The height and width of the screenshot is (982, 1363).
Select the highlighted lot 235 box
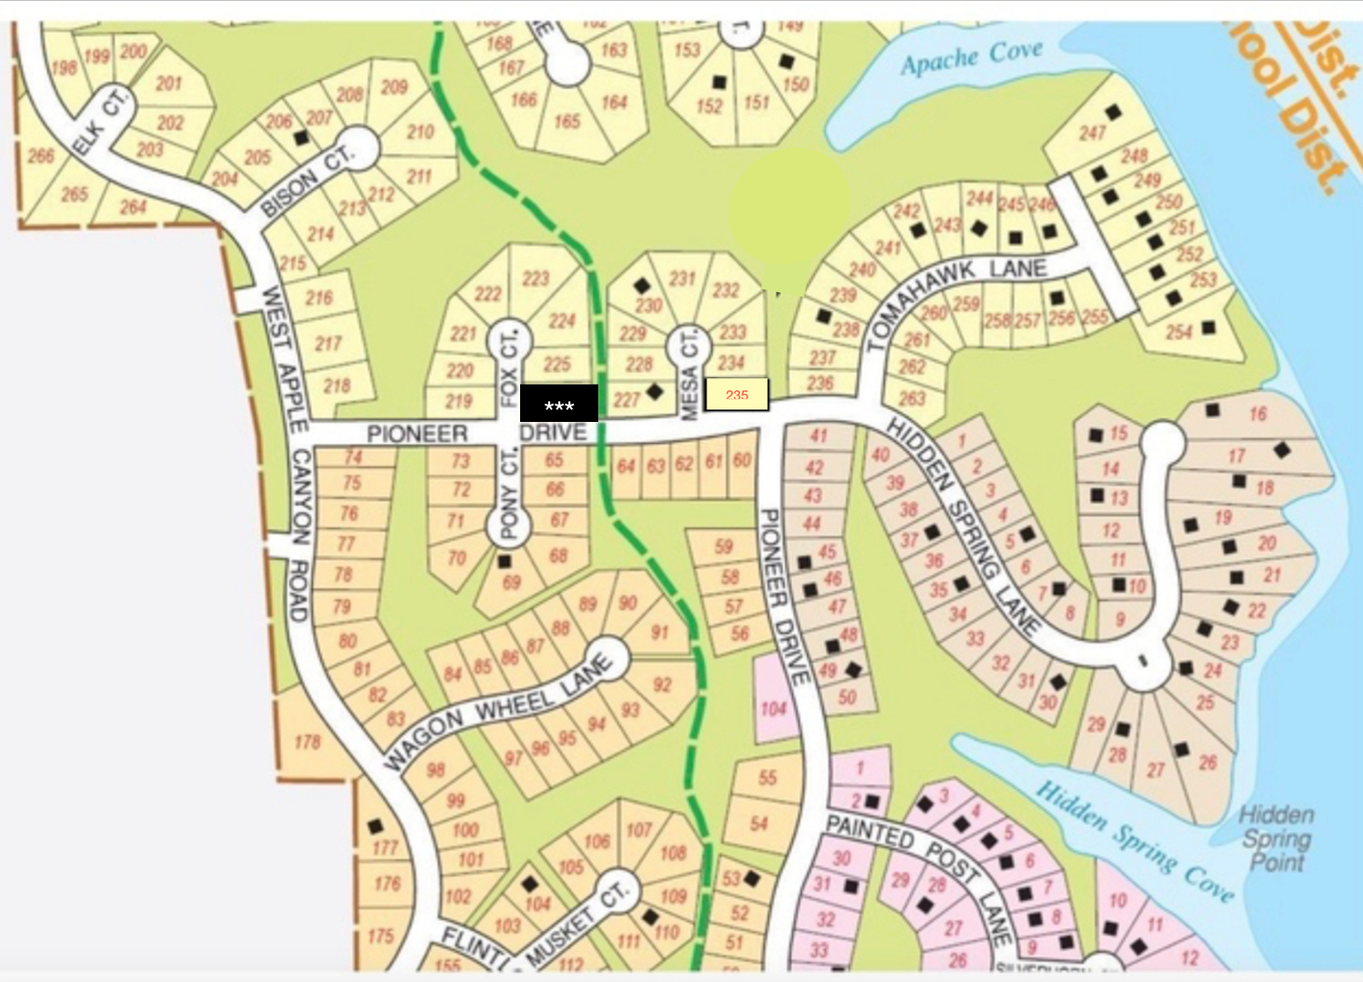pyautogui.click(x=737, y=395)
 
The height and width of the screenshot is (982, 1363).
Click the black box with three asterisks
pyautogui.click(x=558, y=404)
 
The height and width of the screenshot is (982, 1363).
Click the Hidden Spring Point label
pyautogui.click(x=1276, y=838)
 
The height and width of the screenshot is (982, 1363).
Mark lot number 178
pyautogui.click(x=307, y=742)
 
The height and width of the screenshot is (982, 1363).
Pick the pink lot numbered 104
pyautogui.click(x=773, y=708)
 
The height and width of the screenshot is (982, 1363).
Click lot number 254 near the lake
pyautogui.click(x=1178, y=333)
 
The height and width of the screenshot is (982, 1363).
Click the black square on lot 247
pyautogui.click(x=1114, y=113)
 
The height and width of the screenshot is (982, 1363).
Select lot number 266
pyautogui.click(x=41, y=155)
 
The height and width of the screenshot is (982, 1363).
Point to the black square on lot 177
pyautogui.click(x=376, y=827)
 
